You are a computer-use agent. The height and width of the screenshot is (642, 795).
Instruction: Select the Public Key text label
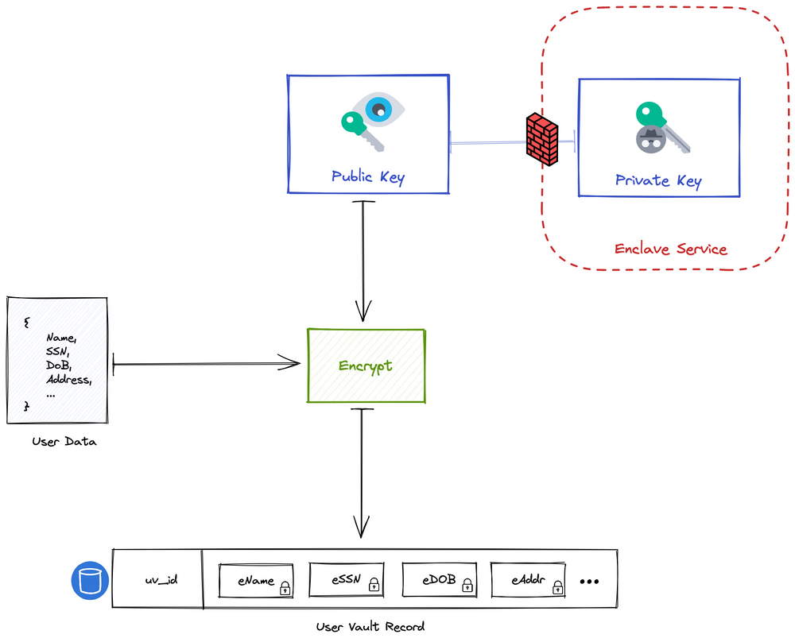(x=367, y=176)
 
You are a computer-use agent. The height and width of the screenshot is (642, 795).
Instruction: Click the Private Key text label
(x=658, y=180)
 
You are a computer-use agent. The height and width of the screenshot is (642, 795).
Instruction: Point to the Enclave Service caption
(x=670, y=249)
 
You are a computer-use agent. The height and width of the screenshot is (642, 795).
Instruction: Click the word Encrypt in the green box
(x=365, y=366)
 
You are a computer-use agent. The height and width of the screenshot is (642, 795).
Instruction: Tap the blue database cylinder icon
(x=89, y=581)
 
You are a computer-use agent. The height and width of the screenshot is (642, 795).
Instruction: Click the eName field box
(x=257, y=581)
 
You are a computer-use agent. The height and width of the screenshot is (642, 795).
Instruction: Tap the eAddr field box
(x=529, y=581)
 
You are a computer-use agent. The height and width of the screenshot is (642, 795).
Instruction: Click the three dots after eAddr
(x=588, y=582)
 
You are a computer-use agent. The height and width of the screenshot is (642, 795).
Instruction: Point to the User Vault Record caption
(x=370, y=626)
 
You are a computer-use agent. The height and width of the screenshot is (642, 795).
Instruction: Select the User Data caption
(x=64, y=441)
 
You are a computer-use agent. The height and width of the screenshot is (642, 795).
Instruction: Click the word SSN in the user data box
(x=57, y=351)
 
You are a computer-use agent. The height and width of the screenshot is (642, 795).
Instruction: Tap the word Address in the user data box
(x=68, y=380)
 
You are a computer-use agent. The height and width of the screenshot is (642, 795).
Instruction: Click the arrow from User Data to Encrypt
(x=207, y=365)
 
